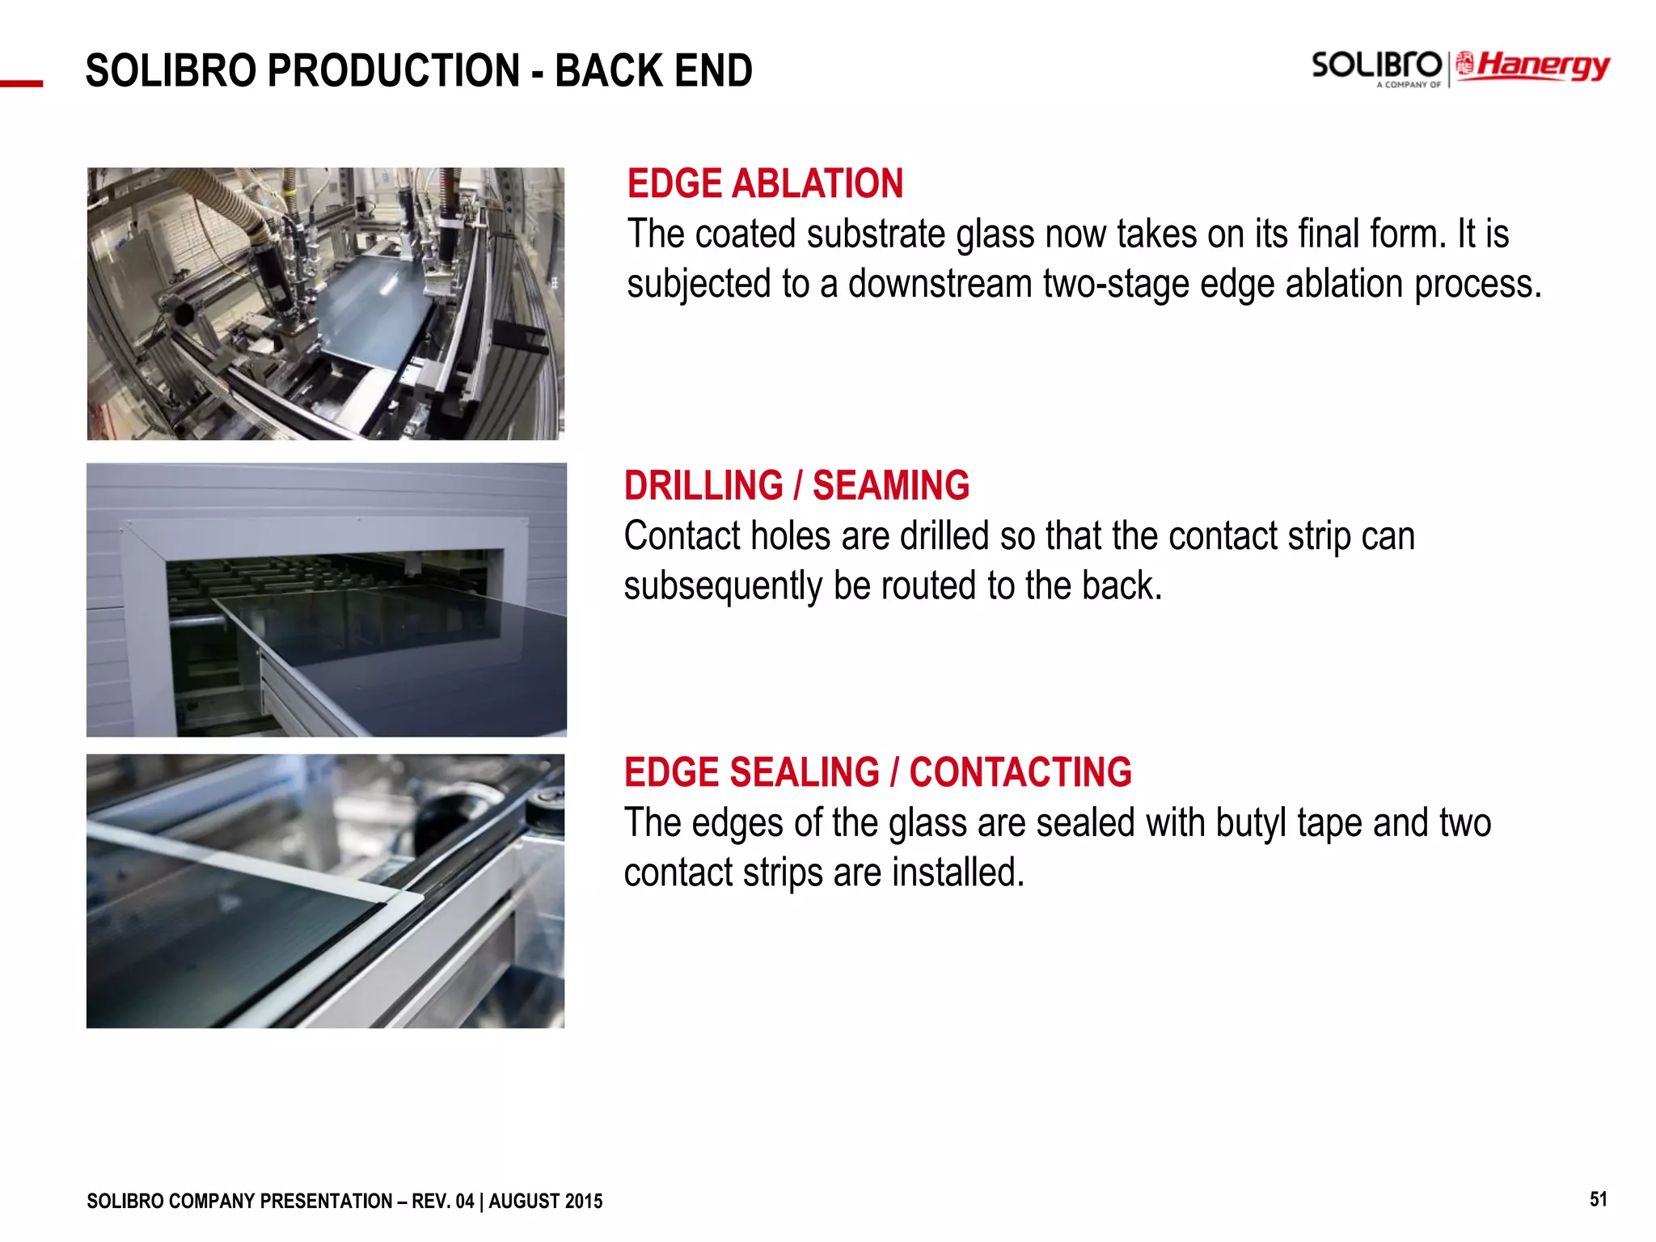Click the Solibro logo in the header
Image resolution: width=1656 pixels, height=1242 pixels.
pos(1375,64)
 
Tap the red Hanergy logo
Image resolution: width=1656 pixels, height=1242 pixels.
pos(1534,65)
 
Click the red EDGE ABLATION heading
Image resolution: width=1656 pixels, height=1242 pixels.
pos(765,184)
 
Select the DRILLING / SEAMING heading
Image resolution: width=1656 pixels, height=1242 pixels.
pos(796,485)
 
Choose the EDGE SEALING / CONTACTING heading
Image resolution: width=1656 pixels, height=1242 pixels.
pos(877,772)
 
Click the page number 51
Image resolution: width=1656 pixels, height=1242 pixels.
pos(1598,1199)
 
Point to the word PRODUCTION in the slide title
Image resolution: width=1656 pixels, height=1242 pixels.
pos(394,70)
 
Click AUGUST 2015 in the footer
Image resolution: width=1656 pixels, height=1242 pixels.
pos(546,1202)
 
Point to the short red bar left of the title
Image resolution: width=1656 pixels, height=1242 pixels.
pos(21,83)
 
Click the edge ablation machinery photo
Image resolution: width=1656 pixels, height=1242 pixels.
pos(325,304)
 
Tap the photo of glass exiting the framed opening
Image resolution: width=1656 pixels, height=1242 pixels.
pos(326,599)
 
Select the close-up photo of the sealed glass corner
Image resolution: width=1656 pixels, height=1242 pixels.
pos(325,891)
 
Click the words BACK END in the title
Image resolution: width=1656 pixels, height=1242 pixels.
pos(653,70)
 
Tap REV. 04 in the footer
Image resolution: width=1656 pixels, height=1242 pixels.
pos(442,1202)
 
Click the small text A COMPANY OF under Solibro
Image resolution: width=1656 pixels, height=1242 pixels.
pos(1409,84)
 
